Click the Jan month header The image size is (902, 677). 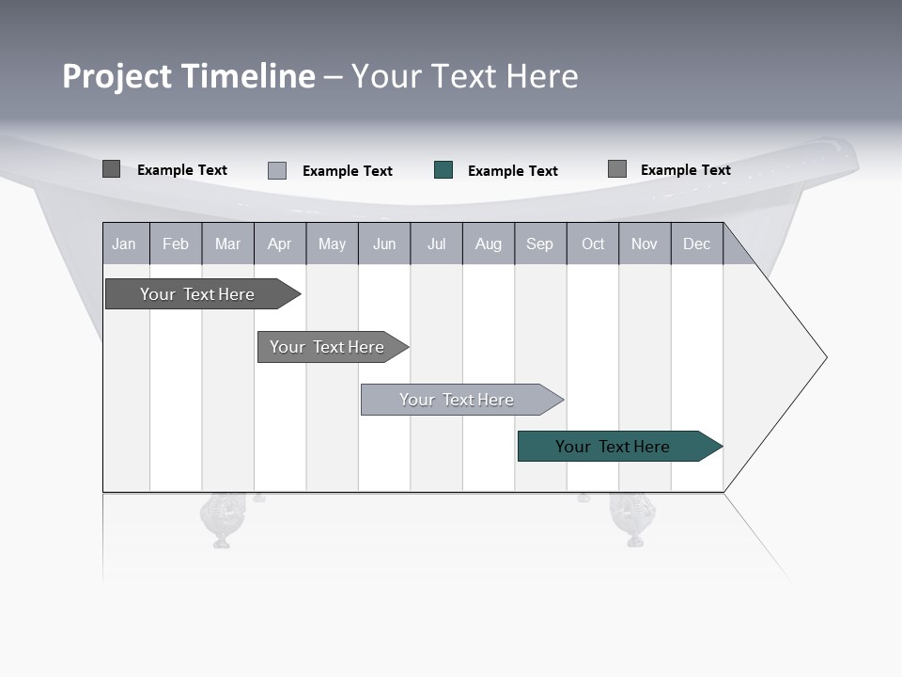125,244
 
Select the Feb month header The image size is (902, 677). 176,244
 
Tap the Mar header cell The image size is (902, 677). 227,244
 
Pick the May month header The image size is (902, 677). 332,244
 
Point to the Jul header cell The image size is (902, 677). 436,244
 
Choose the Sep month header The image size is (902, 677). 540,244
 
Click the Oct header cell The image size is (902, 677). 593,244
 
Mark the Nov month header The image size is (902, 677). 645,244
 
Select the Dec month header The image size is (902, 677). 697,244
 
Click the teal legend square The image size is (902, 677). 443,170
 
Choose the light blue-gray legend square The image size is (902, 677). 277,170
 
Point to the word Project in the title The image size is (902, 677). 117,76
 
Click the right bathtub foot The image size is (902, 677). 633,520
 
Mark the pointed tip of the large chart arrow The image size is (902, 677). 825,357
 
